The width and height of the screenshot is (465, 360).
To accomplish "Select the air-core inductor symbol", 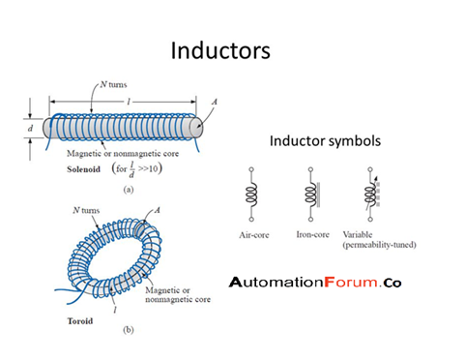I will point(252,195).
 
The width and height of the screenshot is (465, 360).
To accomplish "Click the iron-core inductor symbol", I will point(311,195).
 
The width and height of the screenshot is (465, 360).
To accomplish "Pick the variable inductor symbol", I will point(371,195).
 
